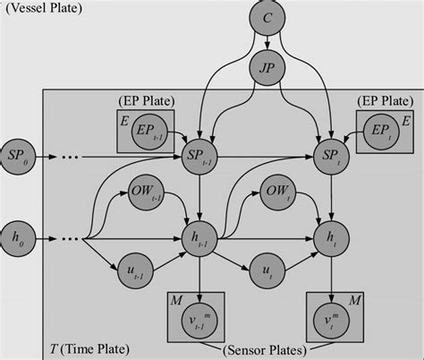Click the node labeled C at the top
coord(268,18)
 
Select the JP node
coord(268,67)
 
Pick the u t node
coord(265,269)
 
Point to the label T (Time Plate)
coord(87,347)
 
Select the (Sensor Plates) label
coord(265,347)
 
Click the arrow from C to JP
coord(268,43)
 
